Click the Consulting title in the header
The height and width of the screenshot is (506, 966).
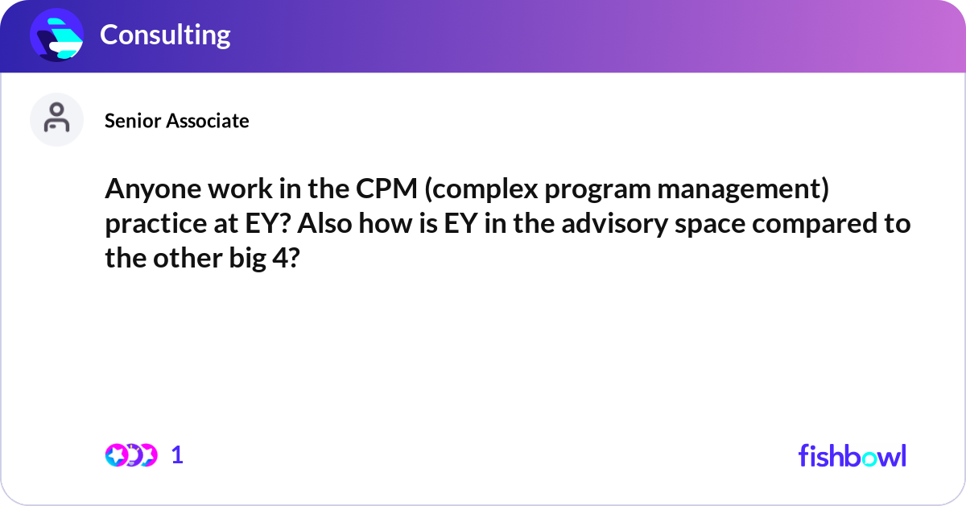pyautogui.click(x=165, y=35)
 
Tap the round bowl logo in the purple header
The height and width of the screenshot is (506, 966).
pyautogui.click(x=57, y=35)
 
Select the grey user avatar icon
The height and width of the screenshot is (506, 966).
pyautogui.click(x=56, y=119)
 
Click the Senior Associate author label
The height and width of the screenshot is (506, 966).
pyautogui.click(x=176, y=121)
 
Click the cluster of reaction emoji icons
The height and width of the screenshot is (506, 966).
pyautogui.click(x=131, y=455)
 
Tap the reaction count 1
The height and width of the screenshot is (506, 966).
pyautogui.click(x=177, y=455)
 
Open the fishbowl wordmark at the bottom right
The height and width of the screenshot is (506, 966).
pyautogui.click(x=852, y=455)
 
